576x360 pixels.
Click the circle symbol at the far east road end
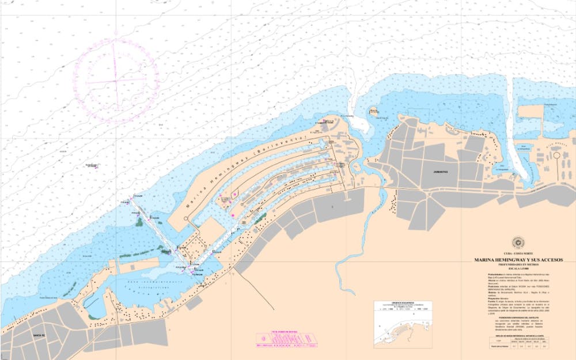[557, 156]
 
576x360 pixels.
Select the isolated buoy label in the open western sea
[91, 165]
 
